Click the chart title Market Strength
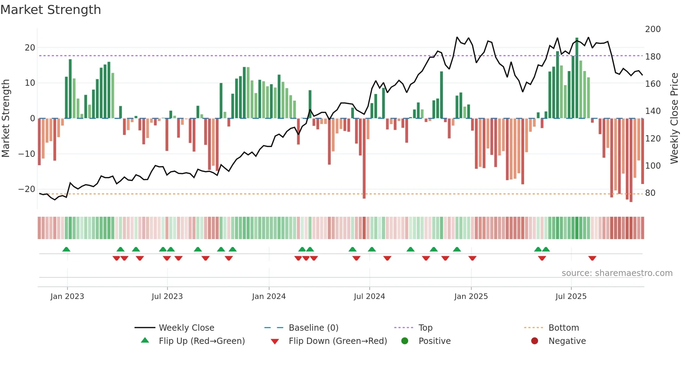point(51,10)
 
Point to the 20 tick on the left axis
point(30,48)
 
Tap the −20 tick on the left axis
point(27,189)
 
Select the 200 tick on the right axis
point(653,29)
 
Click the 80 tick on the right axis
point(650,193)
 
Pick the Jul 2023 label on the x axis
point(167,297)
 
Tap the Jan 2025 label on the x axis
point(471,297)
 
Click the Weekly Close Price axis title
point(674,118)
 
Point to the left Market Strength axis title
point(6,118)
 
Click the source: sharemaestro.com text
point(617,273)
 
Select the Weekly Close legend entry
point(186,328)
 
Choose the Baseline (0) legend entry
point(313,328)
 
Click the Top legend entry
point(425,328)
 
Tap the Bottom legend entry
point(563,328)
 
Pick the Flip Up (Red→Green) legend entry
point(201,341)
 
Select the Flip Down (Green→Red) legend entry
point(338,341)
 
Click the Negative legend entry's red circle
point(535,341)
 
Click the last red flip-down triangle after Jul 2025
point(592,258)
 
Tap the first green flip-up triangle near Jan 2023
point(66,249)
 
